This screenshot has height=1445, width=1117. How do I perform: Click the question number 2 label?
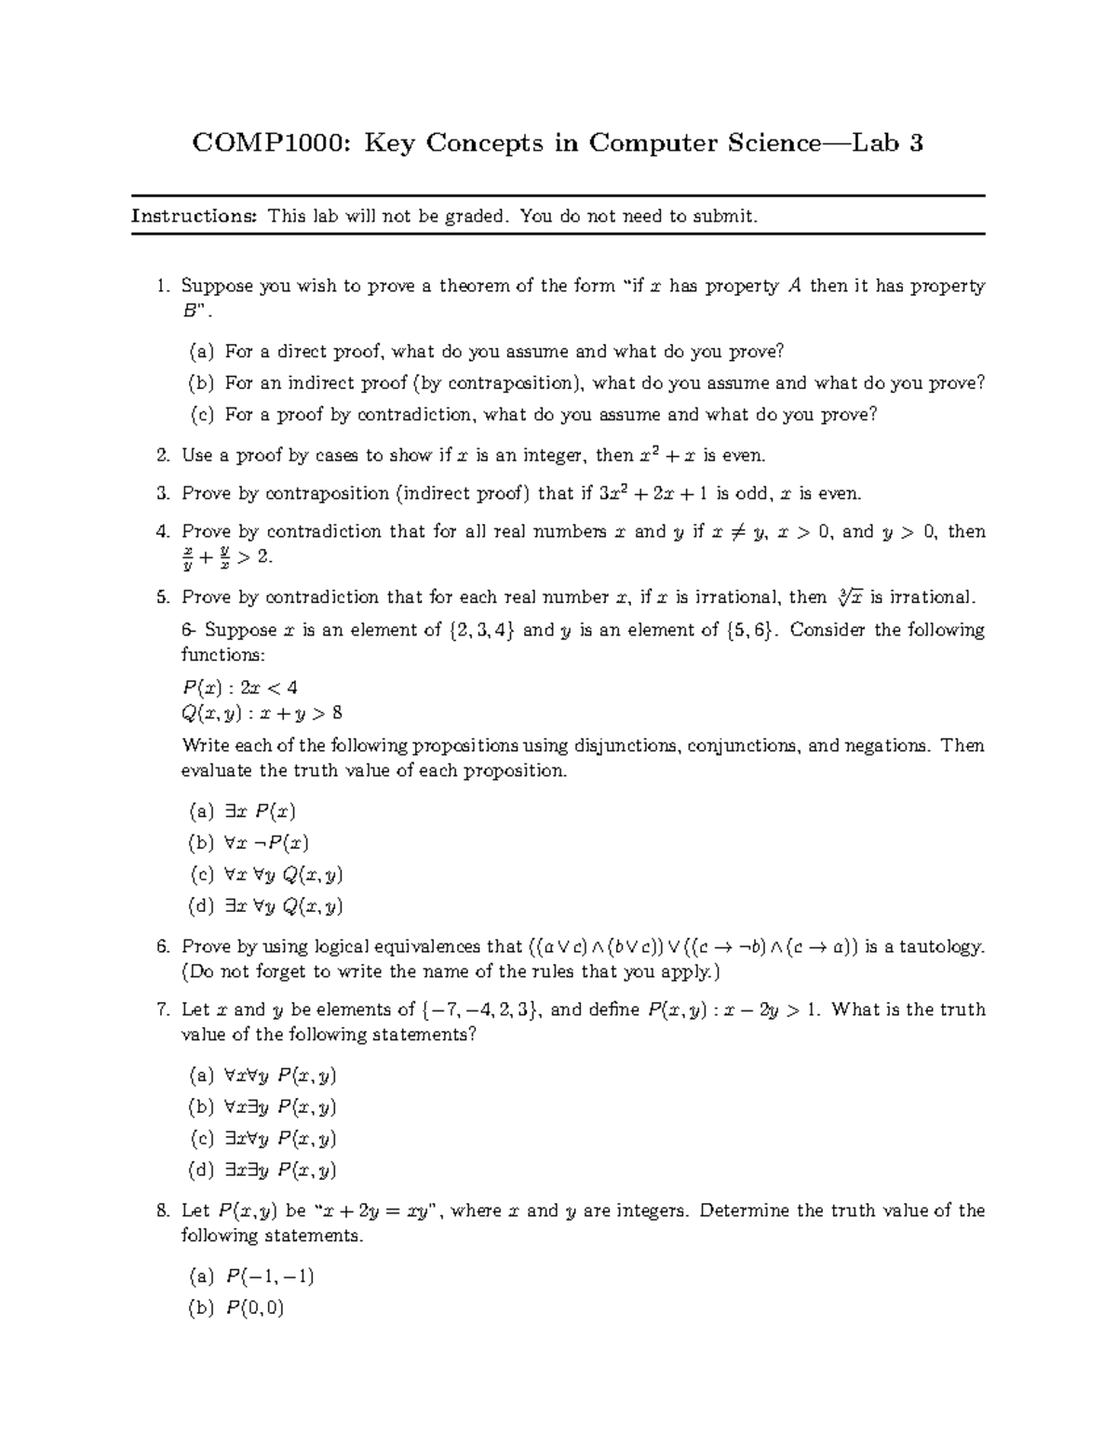(x=163, y=455)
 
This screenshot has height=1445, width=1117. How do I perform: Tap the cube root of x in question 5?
(x=847, y=596)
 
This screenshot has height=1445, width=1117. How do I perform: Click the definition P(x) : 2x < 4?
(x=239, y=688)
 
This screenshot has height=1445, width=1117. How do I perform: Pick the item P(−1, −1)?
(x=269, y=1276)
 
